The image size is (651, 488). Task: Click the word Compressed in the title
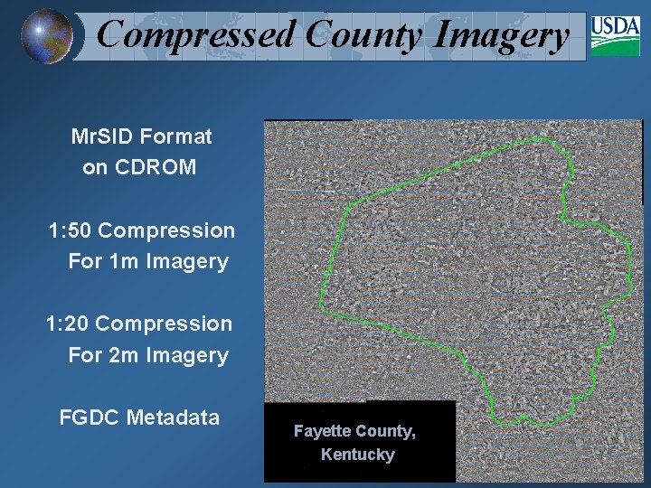point(196,35)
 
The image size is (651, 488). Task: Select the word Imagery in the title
point(502,35)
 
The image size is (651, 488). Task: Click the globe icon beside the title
point(47,35)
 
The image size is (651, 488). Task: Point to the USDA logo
point(615,36)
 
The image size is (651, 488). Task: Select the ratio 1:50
point(69,230)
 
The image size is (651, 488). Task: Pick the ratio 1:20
point(67,324)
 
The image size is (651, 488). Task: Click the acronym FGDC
point(90,418)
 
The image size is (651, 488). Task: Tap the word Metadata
point(174,418)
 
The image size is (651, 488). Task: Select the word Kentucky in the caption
point(358,454)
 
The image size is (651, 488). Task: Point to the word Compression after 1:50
point(166,230)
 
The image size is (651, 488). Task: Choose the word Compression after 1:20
point(164,324)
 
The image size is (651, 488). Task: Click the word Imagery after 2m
point(186,355)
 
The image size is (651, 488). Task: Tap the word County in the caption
point(383,431)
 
